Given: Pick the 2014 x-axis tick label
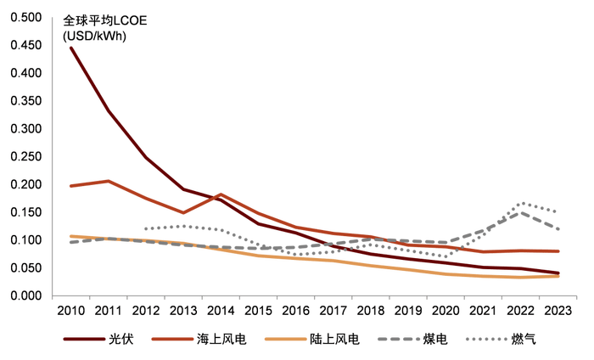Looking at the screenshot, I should coord(220,312).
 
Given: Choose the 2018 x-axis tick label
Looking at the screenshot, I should coord(371,312).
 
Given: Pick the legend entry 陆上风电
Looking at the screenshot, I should coord(336,339).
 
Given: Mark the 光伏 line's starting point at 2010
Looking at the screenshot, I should coord(71,48).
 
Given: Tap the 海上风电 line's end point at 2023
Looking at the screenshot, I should coord(557,252).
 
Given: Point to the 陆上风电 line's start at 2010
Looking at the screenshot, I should coord(73,235).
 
